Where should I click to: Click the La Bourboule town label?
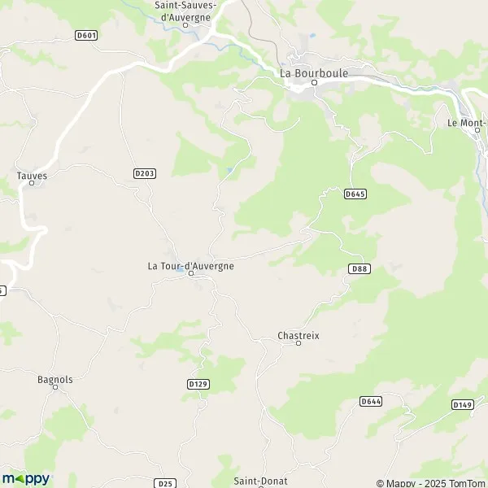pos(314,72)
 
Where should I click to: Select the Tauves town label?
pos(32,173)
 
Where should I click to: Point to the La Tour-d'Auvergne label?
pos(190,265)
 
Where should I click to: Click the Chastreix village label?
pos(298,334)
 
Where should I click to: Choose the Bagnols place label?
pos(55,379)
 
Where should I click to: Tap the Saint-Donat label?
pos(261,481)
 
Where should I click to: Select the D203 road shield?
pos(144,173)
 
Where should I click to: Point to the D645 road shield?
pos(355,194)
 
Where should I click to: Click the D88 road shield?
pos(359,268)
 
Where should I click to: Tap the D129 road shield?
pos(198,383)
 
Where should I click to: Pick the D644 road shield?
pos(371,401)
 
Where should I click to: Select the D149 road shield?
pos(462,404)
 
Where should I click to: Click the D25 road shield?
pos(165,483)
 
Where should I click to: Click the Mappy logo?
pos(26,478)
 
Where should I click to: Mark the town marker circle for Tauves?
pos(32,183)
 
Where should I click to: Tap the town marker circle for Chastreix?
pos(298,344)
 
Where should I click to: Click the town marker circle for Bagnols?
pos(55,388)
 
